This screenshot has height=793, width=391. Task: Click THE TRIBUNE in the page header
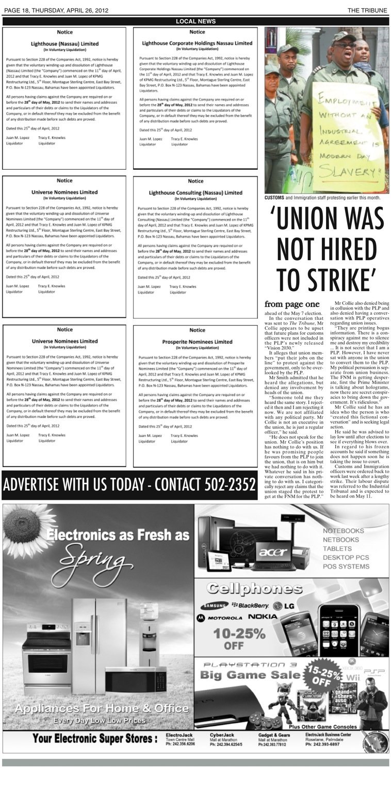pos(367,10)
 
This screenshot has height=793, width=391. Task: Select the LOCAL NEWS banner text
pos(195,21)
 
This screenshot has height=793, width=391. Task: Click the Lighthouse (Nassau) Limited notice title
pos(64,44)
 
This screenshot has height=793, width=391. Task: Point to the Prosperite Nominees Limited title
pos(197,342)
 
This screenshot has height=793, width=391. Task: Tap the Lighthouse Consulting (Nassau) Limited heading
pos(195,192)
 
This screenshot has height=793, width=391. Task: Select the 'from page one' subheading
pos(292,304)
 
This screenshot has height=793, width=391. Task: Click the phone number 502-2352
pos(231,485)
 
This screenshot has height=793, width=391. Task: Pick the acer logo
pos(273,552)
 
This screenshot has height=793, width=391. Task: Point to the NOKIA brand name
pos(263,617)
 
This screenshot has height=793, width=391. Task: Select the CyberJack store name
pos(222,734)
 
